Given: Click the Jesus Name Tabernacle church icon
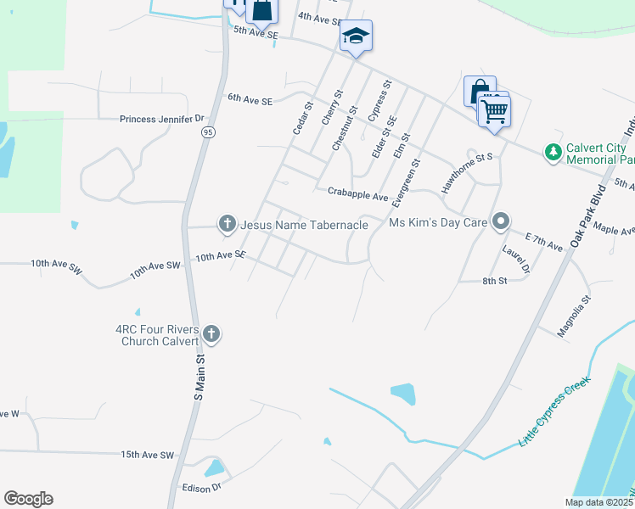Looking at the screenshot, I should click(x=227, y=224).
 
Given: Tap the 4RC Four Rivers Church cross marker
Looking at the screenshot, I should click(x=211, y=334).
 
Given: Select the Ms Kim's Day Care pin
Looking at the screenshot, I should click(x=501, y=222).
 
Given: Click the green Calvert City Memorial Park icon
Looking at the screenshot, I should click(x=554, y=152).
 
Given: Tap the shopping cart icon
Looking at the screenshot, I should click(x=494, y=109).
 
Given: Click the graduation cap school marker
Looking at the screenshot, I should click(x=356, y=36).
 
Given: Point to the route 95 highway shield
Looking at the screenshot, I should click(x=207, y=132).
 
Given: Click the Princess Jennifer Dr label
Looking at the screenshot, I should click(x=162, y=120).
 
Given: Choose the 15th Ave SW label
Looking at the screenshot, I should click(x=147, y=455).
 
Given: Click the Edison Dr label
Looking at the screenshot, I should click(x=201, y=488).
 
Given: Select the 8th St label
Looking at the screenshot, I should click(x=494, y=281).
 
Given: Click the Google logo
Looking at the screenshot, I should click(x=28, y=499).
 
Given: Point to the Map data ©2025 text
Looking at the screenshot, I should click(x=599, y=502).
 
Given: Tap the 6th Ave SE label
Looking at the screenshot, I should click(x=250, y=99).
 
